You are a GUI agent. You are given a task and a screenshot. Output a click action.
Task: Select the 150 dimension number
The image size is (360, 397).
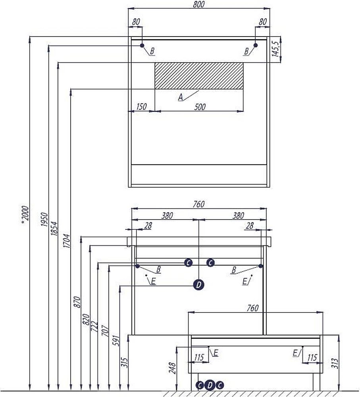tap(141, 106)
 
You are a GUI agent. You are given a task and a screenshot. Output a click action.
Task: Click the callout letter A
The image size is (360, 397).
tap(181, 96)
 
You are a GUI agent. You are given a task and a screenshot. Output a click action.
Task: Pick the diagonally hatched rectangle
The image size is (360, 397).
tap(198, 75)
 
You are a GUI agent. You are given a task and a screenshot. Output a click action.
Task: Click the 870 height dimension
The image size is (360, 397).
tap(77, 303)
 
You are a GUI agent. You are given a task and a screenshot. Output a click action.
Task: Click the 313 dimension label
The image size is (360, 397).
tap(334, 363)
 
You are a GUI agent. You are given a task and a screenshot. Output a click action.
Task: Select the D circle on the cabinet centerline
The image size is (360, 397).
tap(198, 284)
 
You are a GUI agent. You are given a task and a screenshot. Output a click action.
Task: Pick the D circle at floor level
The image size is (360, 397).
tap(210, 385)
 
